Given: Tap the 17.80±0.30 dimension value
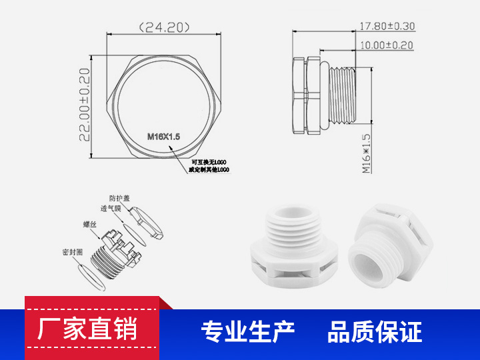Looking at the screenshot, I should click(387, 27).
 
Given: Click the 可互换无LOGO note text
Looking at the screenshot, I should click(209, 162).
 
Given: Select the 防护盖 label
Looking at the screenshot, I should click(120, 198).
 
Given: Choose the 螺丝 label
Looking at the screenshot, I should click(90, 225).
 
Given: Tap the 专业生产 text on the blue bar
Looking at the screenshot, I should click(248, 331).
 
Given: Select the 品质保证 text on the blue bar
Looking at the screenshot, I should click(375, 331).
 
